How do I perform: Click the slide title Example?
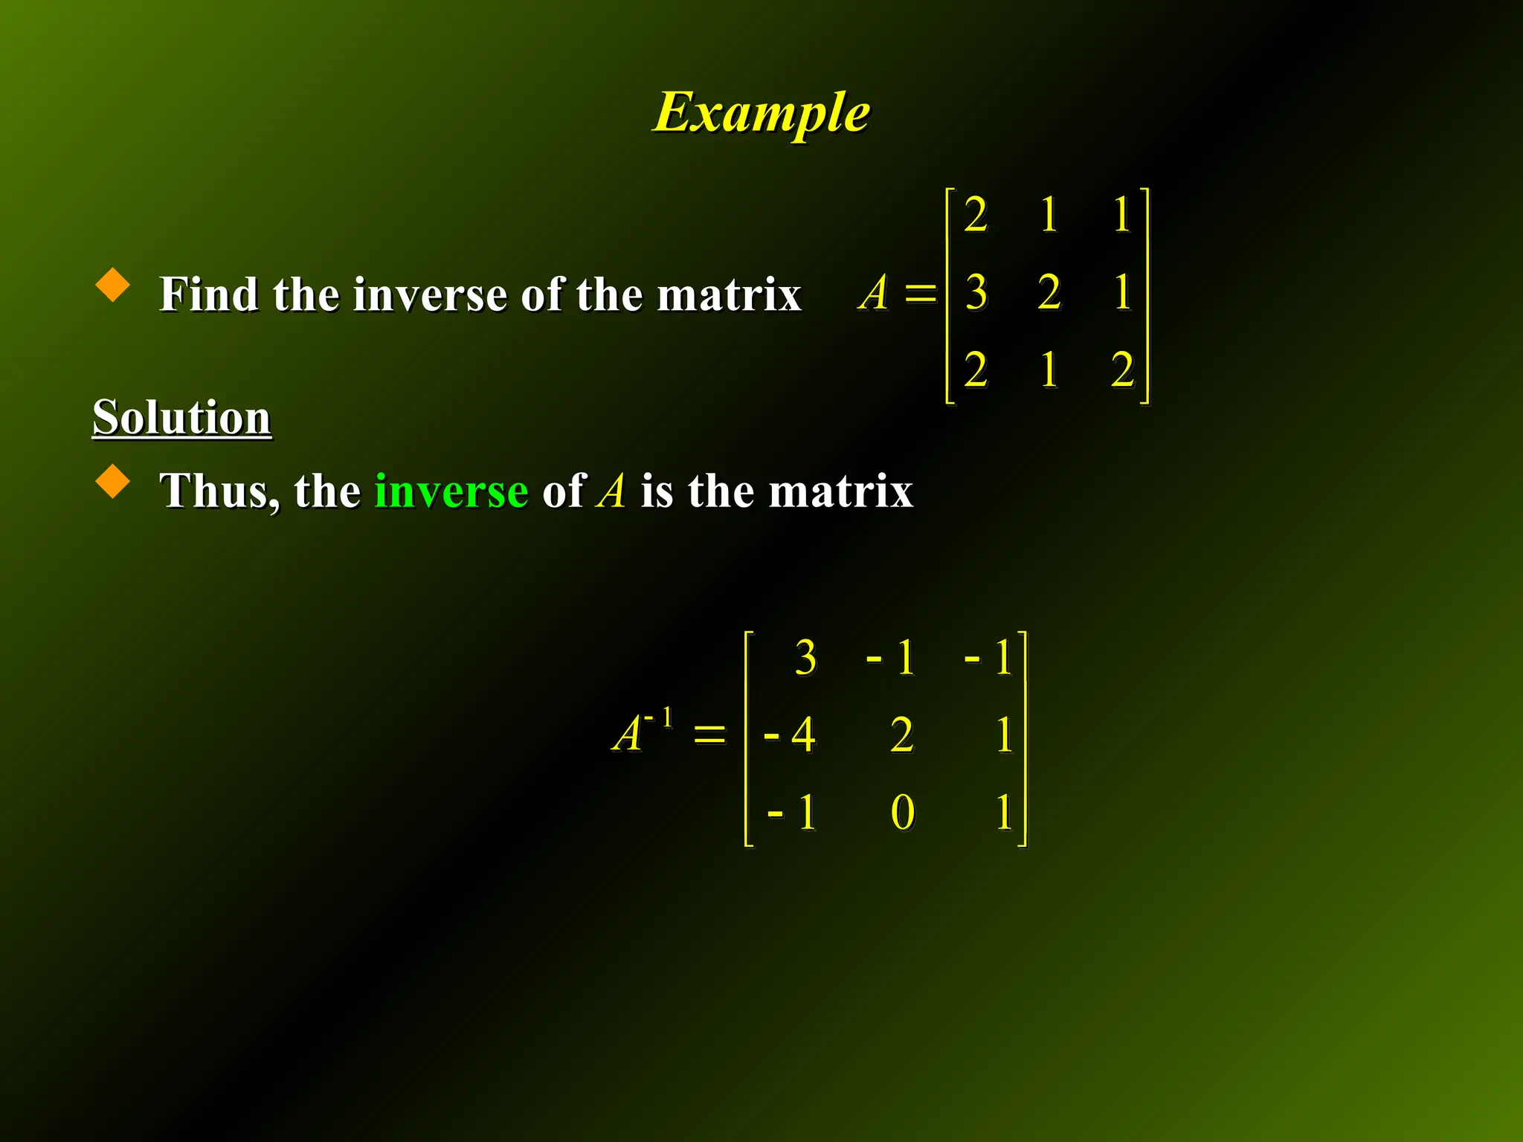coord(761,112)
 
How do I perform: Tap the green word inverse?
coord(451,491)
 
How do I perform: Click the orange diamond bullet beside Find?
coord(113,285)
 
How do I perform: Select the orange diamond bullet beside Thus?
coord(113,481)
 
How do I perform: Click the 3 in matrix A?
coord(976,291)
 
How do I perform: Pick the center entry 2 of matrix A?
coord(1049,291)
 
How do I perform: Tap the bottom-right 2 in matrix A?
coord(1122,370)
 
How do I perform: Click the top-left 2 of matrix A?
coord(976,215)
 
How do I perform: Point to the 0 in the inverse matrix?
coord(902,812)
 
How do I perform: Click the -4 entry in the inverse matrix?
coord(790,735)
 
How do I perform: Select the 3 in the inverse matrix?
coord(805,657)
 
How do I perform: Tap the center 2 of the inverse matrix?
coord(902,735)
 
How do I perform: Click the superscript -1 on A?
coord(659,718)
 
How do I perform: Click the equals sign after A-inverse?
coord(709,735)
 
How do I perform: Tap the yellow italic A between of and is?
coord(611,491)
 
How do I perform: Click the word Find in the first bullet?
coord(208,294)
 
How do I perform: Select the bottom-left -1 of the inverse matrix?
coord(793,812)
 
